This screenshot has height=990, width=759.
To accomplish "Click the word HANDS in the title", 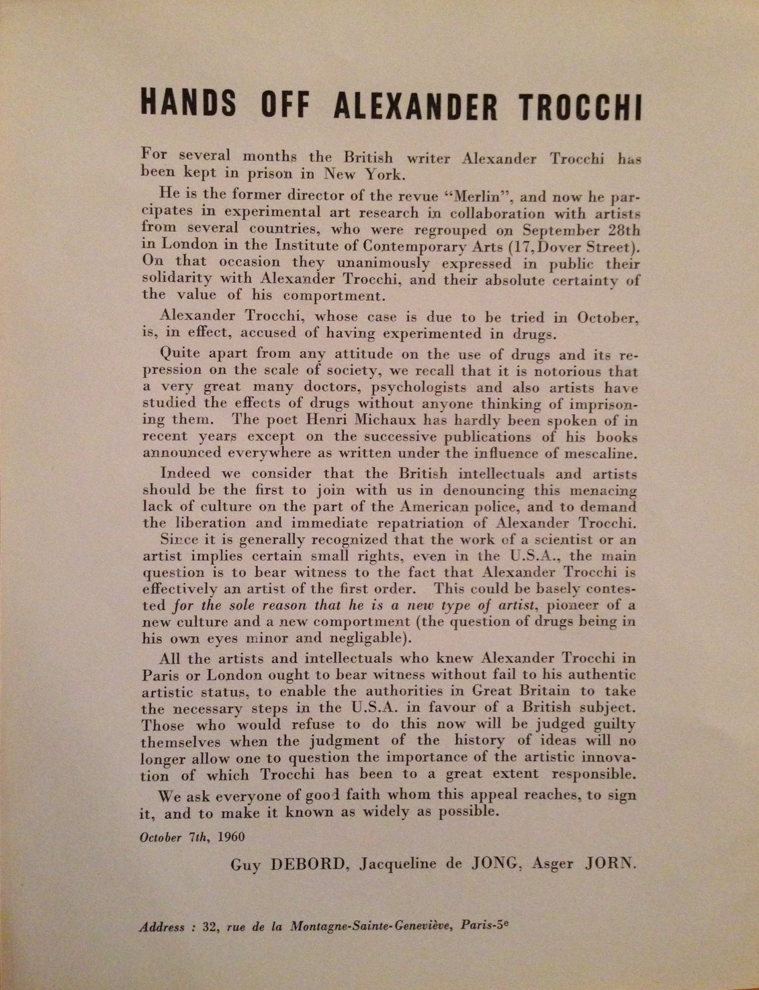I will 188,105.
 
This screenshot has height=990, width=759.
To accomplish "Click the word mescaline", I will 600,453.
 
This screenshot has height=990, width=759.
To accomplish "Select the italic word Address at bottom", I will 161,928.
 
